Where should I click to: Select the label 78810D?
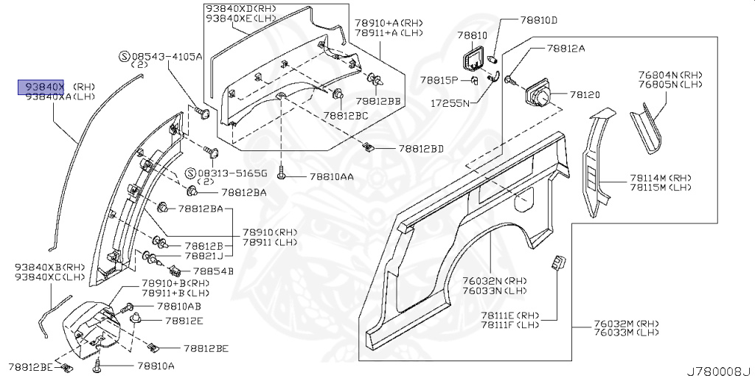538,20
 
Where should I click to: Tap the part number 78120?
586,94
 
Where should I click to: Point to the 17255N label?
450,104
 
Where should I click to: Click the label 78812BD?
421,148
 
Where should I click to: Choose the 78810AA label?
331,177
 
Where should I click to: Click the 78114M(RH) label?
661,178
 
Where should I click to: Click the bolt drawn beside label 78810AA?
282,175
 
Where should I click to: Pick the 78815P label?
439,80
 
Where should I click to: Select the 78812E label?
184,321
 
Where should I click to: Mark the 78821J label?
203,257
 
